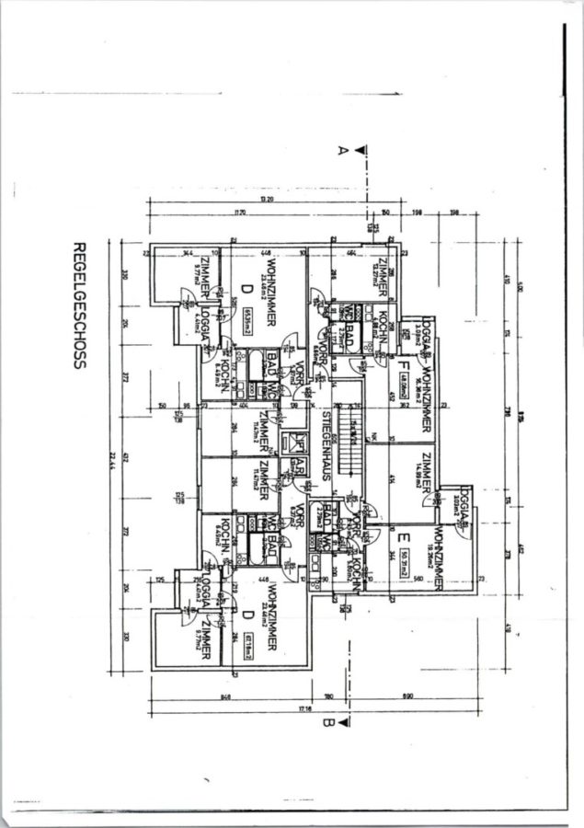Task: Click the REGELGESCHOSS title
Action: [79, 305]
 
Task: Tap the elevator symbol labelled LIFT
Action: [287, 441]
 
